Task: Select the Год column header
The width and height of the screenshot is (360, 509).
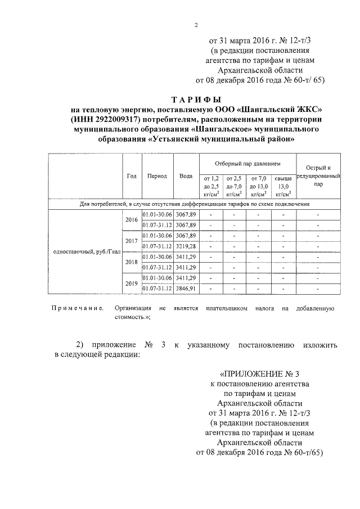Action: tap(132, 175)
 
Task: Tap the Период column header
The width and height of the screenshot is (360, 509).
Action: tap(157, 175)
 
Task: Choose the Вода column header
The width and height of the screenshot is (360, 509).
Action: tap(186, 175)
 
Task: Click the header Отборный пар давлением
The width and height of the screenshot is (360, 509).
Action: tap(247, 164)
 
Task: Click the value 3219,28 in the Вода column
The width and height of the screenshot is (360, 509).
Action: tap(186, 246)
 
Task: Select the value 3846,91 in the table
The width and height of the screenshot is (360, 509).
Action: tap(186, 289)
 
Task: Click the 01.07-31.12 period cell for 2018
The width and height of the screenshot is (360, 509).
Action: tap(157, 268)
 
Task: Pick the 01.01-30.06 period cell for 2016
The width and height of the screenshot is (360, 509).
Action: tap(157, 214)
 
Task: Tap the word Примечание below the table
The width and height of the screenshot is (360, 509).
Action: tap(78, 309)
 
